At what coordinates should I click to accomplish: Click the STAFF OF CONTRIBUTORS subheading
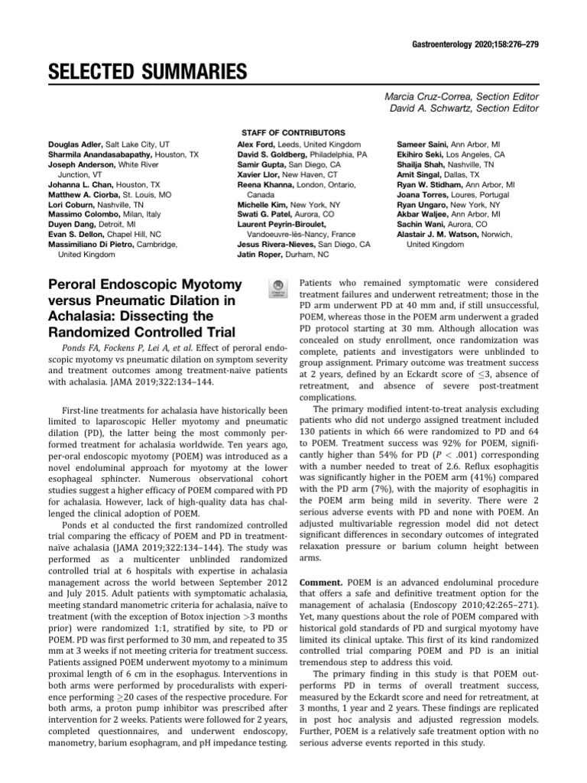(x=293, y=132)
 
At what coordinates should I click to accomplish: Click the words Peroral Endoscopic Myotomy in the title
(x=146, y=284)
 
